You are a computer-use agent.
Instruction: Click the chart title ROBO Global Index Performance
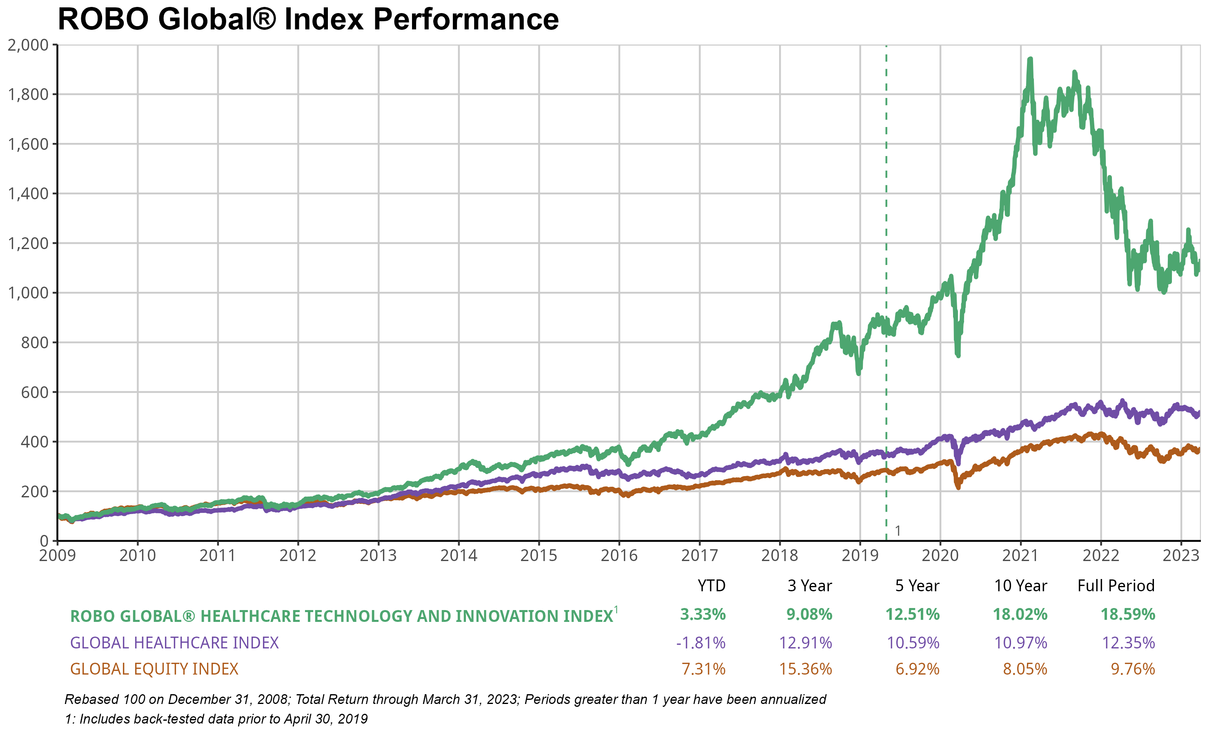click(x=308, y=20)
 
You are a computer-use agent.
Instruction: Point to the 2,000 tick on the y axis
click(x=28, y=45)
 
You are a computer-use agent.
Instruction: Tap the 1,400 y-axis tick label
click(x=28, y=194)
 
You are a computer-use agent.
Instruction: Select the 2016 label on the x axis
click(x=619, y=555)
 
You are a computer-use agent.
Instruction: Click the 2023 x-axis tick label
click(x=1181, y=555)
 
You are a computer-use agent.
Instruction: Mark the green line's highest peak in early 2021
click(x=1030, y=60)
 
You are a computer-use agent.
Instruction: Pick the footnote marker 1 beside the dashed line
click(x=898, y=531)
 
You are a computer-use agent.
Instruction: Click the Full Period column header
click(x=1116, y=586)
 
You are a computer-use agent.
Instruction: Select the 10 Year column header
click(x=1020, y=586)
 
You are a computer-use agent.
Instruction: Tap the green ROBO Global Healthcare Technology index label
click(x=342, y=616)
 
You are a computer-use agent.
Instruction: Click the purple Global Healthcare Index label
click(x=174, y=643)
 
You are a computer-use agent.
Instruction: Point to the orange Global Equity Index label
click(x=154, y=669)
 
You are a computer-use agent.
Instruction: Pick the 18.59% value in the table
click(x=1127, y=615)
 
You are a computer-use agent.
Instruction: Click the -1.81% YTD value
click(x=701, y=643)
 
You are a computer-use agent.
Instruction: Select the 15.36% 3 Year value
click(x=805, y=669)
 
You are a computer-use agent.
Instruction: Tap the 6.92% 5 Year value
click(x=917, y=669)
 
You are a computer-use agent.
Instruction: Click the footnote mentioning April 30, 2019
click(x=216, y=719)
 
